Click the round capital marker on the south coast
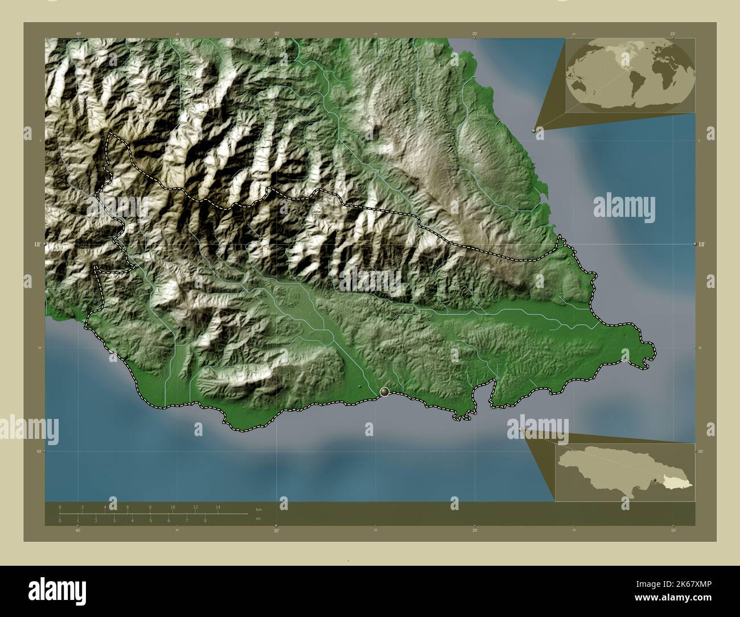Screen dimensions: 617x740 coord(386,392)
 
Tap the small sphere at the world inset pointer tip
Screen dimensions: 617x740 coord(534,130)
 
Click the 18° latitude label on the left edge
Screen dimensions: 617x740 coord(37,244)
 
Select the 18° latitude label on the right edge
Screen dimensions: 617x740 coord(702,244)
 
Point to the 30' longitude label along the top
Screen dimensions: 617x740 coord(277,34)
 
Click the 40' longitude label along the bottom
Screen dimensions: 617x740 coord(78,530)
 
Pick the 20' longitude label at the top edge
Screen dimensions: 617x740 coord(474,34)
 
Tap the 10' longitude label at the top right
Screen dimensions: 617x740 coord(673,34)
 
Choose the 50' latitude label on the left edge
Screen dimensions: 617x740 coord(38,451)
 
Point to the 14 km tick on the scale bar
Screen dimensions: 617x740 coord(218,507)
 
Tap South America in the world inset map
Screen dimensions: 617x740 coord(637,85)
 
